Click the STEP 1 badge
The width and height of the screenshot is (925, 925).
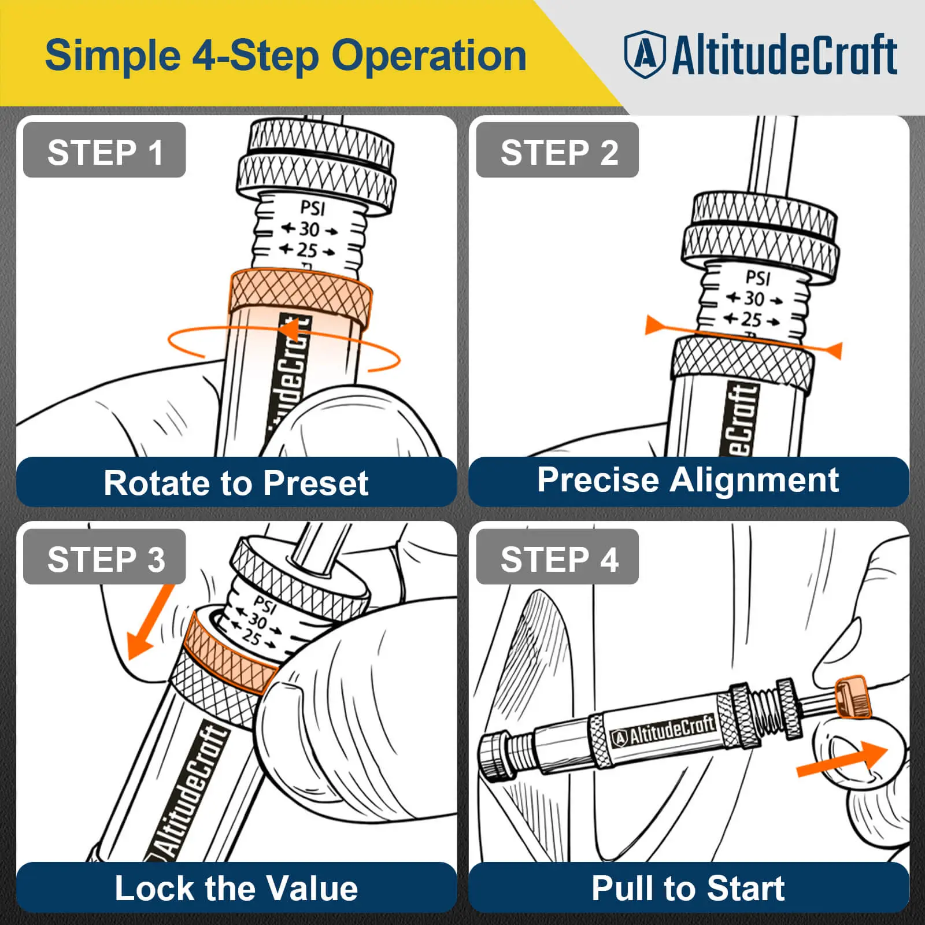pyautogui.click(x=104, y=150)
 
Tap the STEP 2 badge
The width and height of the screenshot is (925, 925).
pyautogui.click(x=557, y=150)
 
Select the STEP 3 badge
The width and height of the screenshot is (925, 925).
pyautogui.click(x=104, y=557)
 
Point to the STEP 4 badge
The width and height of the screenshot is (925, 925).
pyautogui.click(x=557, y=557)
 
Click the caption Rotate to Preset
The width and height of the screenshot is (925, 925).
pyautogui.click(x=236, y=483)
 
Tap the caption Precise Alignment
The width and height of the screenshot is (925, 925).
pyautogui.click(x=688, y=480)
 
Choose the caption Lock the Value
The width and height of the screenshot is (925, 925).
pyautogui.click(x=236, y=888)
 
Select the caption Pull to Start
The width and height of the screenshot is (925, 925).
pyautogui.click(x=688, y=888)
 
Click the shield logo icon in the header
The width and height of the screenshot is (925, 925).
pyautogui.click(x=645, y=55)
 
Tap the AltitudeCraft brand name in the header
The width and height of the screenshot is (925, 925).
pyautogui.click(x=785, y=55)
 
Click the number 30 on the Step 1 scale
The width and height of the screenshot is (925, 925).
pyautogui.click(x=310, y=230)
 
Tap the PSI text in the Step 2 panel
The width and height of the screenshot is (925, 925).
pyautogui.click(x=758, y=278)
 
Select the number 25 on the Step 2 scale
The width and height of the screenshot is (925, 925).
pyautogui.click(x=752, y=319)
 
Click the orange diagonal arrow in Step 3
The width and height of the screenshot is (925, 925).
pyautogui.click(x=149, y=623)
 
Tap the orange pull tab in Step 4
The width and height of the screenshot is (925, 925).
pyautogui.click(x=852, y=698)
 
